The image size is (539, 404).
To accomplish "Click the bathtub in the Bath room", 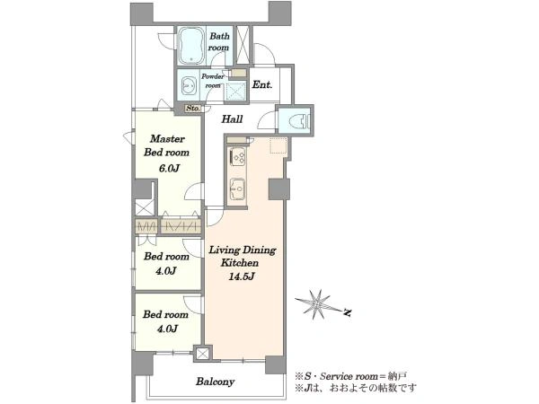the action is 190,46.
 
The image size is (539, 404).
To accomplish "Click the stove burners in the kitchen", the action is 238,156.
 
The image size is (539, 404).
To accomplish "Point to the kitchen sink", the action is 237,189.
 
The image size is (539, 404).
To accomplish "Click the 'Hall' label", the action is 232,119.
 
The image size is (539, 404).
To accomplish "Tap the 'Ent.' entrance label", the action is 262,84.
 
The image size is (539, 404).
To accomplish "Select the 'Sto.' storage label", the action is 193,109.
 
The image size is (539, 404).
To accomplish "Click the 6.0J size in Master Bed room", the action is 169,169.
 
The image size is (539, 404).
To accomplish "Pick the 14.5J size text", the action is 242,277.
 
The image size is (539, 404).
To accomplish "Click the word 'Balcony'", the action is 216,382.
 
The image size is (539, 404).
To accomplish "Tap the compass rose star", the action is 316,303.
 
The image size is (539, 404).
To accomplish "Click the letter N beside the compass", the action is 348,312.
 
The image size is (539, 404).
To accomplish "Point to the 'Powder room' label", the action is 213,81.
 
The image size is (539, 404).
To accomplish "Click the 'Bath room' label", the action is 219,41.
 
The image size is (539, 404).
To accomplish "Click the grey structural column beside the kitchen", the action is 278,189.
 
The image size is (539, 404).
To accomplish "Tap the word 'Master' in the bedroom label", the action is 167,139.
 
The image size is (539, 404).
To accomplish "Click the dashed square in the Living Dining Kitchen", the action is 278,145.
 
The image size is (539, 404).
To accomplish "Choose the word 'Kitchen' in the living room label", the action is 240,263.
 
